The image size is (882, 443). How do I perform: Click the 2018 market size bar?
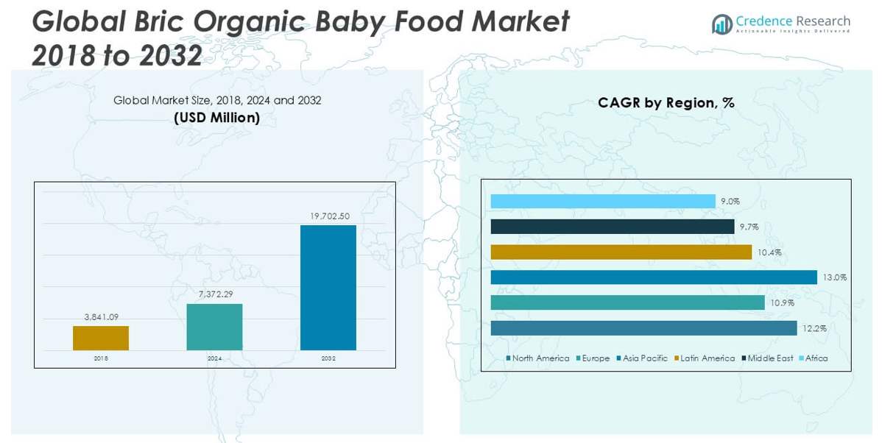pyautogui.click(x=101, y=338)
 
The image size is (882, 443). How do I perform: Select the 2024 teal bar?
pyautogui.click(x=214, y=327)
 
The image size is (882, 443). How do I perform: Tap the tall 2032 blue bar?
pyautogui.click(x=328, y=287)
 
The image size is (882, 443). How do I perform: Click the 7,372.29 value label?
pyautogui.click(x=214, y=294)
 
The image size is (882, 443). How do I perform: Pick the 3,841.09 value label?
pyautogui.click(x=101, y=317)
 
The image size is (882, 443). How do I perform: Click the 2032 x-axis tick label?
pyautogui.click(x=328, y=358)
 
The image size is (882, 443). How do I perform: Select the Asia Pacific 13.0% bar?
pyautogui.click(x=654, y=277)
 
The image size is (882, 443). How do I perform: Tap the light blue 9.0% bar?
pyautogui.click(x=603, y=201)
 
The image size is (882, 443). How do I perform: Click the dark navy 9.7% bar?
pyautogui.click(x=613, y=227)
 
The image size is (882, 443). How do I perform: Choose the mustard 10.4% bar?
pyautogui.click(x=621, y=252)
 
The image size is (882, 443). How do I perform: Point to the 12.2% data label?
pyautogui.click(x=815, y=328)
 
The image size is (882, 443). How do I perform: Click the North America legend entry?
pyautogui.click(x=537, y=358)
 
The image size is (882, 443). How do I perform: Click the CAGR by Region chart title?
pyautogui.click(x=666, y=103)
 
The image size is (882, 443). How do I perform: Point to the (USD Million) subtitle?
pyautogui.click(x=216, y=118)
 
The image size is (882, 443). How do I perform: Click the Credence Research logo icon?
pyautogui.click(x=722, y=24)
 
